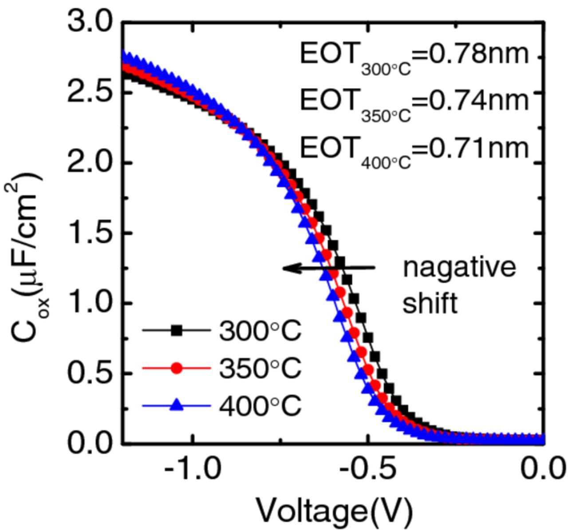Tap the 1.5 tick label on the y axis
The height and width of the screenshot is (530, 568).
91,233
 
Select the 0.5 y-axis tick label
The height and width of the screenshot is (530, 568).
91,374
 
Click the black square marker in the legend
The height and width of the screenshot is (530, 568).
177,331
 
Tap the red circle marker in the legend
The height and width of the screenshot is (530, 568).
177,368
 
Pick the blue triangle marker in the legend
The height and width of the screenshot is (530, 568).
177,404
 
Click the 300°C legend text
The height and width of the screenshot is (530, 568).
260,331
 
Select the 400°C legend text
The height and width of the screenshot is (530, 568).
260,405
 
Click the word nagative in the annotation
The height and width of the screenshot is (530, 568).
459,269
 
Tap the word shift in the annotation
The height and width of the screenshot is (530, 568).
429,304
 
